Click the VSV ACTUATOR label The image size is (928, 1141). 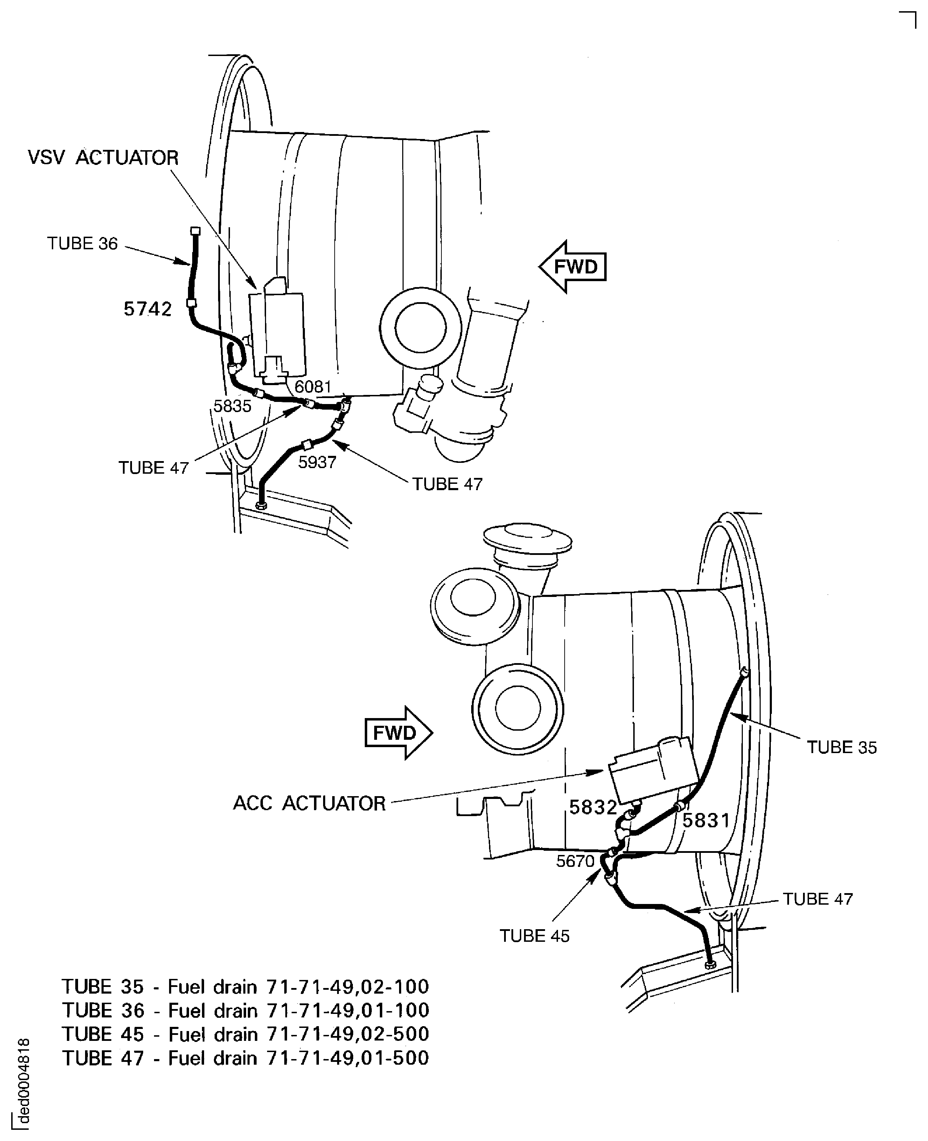(103, 158)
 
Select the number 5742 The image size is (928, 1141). (147, 309)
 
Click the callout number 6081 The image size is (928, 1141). (313, 387)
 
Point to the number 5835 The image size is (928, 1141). (232, 406)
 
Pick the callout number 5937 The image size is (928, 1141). (317, 462)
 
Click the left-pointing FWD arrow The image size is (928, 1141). (572, 266)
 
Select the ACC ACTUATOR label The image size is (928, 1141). (309, 803)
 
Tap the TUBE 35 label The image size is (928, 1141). (842, 747)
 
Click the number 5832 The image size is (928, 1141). (593, 807)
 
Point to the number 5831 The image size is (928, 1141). (706, 820)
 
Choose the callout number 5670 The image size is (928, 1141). (575, 861)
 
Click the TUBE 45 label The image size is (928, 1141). (534, 936)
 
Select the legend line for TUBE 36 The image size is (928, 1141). (245, 1010)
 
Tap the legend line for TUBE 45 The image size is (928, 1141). (245, 1035)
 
